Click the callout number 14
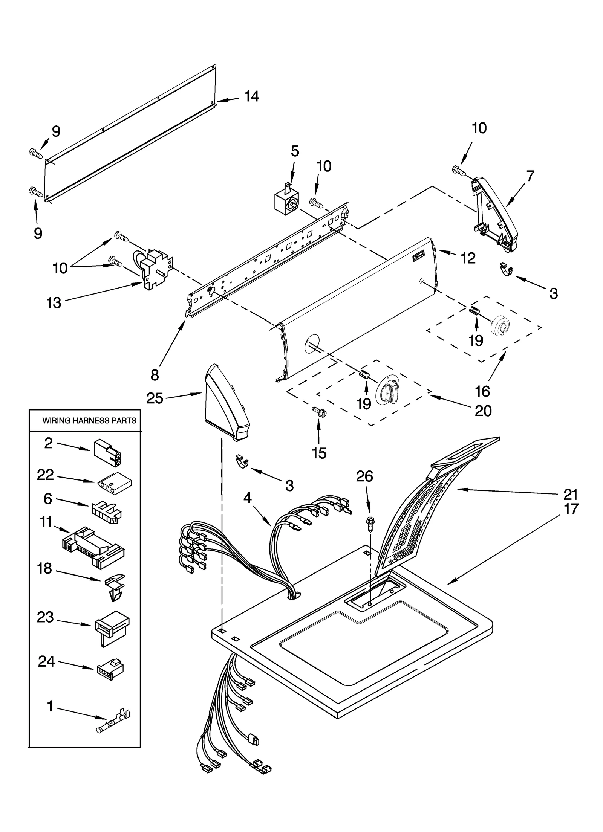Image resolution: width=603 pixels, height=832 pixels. click(x=251, y=96)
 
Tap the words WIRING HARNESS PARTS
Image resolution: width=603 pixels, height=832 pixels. click(x=89, y=421)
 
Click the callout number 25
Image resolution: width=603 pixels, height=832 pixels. click(x=155, y=398)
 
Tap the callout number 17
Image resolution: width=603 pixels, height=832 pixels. click(x=571, y=509)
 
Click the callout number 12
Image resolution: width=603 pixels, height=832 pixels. click(x=468, y=258)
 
